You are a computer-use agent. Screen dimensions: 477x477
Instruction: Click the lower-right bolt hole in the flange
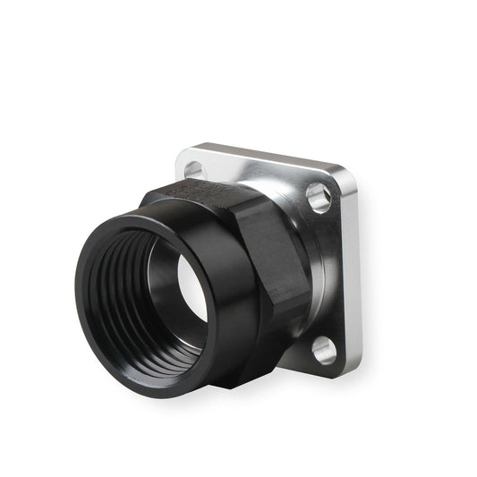coord(323,350)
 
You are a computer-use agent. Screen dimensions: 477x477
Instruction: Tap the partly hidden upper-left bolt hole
coord(192,166)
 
